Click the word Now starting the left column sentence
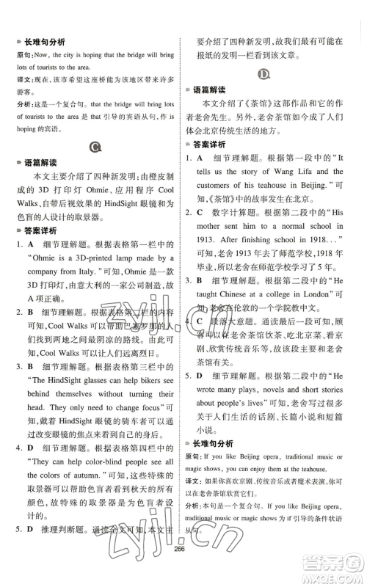[x=46, y=55]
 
